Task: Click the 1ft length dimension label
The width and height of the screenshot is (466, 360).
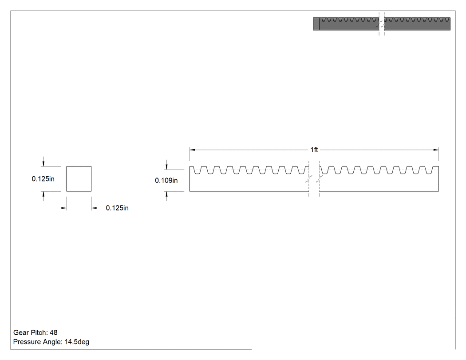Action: tap(314, 150)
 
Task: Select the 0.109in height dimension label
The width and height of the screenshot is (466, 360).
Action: tap(166, 181)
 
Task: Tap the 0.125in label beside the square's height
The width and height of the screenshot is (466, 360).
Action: tap(43, 178)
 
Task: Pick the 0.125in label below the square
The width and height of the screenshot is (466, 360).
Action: tap(117, 208)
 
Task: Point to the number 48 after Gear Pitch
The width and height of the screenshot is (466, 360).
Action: tap(54, 332)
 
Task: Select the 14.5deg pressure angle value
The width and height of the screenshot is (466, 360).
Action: tap(77, 342)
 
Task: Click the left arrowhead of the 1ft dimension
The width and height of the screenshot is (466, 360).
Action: tap(192, 150)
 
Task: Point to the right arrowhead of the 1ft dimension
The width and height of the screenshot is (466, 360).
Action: tap(436, 150)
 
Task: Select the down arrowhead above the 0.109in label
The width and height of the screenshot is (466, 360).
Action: tap(166, 167)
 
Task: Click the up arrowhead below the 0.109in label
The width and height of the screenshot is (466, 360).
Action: tap(166, 194)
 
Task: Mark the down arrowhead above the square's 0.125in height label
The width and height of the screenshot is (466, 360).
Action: tap(43, 163)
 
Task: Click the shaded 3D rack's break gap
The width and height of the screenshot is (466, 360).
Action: tap(382, 24)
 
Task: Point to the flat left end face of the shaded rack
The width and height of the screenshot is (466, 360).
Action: tap(316, 24)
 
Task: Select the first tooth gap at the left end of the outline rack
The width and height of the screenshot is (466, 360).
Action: tap(197, 170)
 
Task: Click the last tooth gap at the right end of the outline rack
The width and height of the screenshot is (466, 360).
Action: tap(429, 170)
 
